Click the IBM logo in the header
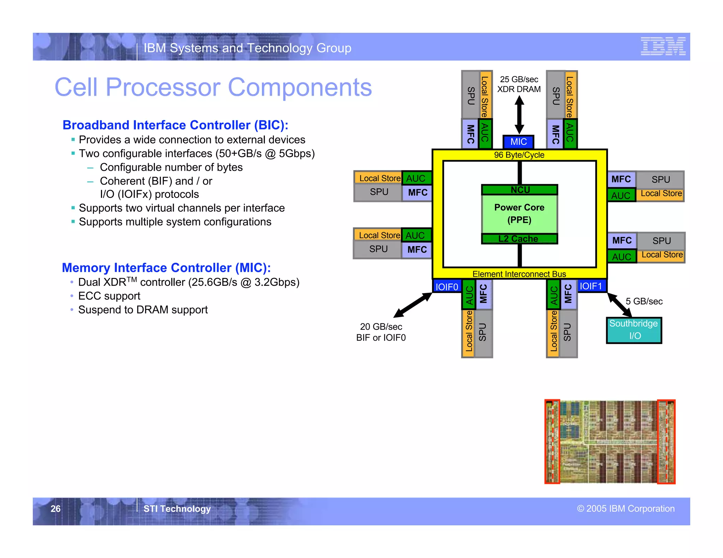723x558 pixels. pos(663,46)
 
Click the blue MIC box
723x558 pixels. pos(518,142)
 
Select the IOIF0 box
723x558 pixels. pos(447,287)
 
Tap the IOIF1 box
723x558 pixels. pos(591,286)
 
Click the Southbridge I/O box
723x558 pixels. pos(634,330)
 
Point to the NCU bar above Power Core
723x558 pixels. pos(520,190)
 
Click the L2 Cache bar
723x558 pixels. pos(519,239)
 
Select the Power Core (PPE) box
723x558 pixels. pos(519,214)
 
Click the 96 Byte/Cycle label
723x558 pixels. pos(519,155)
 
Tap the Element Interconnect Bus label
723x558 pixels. pos(519,274)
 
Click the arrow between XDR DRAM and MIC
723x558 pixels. pos(519,115)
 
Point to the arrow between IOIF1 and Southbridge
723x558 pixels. pos(620,305)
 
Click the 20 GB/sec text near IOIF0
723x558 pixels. pos(381,327)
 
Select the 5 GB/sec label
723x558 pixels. pos(644,301)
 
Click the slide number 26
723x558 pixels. pos(55,509)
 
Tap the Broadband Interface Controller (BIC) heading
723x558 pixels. pos(175,125)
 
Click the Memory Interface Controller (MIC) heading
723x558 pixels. pos(166,268)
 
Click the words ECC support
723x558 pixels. pos(109,296)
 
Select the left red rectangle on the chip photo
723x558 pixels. pos(552,441)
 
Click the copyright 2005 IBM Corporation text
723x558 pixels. pos(626,509)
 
